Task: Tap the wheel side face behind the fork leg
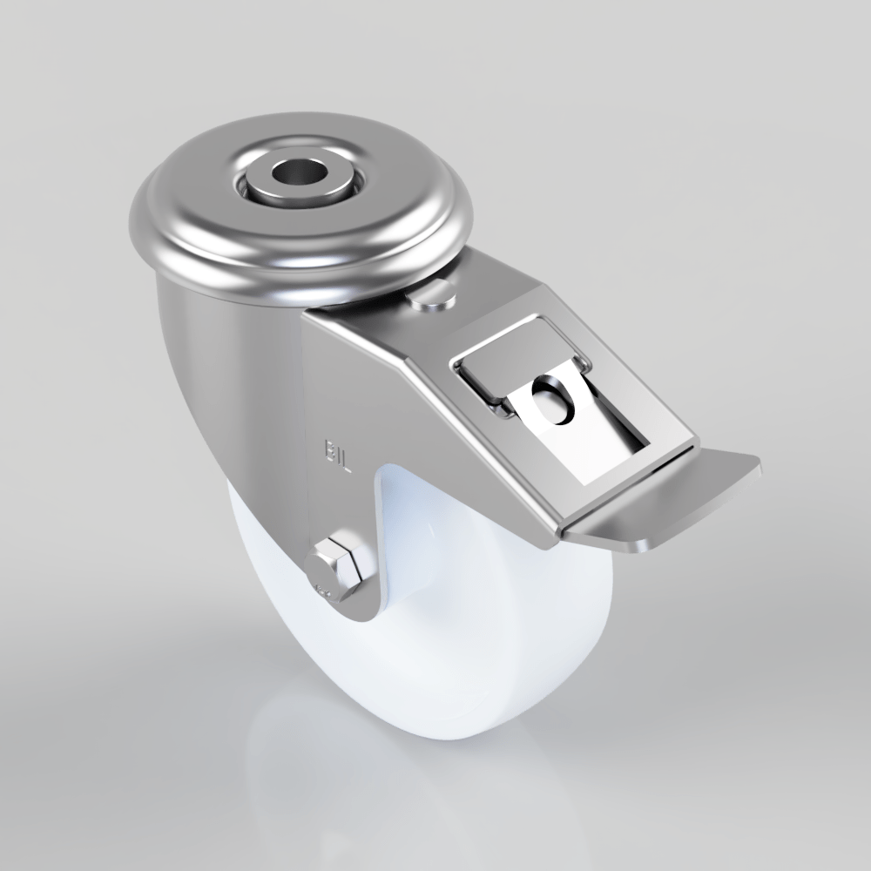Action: tap(418, 540)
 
